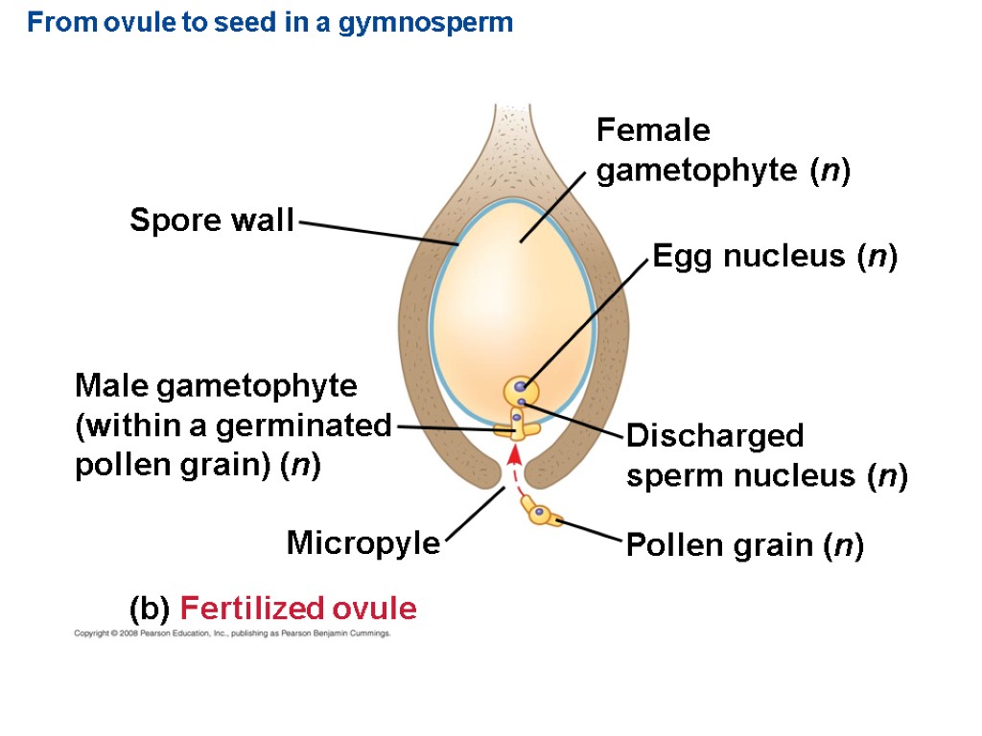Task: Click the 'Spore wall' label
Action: coord(212,221)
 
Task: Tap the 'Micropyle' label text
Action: coord(363,544)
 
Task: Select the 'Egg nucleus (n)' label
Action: coord(774,257)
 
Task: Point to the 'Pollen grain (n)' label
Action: coord(745,546)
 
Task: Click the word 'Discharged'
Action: coord(714,436)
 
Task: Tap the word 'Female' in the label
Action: coord(653,129)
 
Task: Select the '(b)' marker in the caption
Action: coord(150,609)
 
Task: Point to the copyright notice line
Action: coord(232,634)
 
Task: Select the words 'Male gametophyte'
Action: coord(216,386)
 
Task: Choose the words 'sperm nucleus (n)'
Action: coord(767,476)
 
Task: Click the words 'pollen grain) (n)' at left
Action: coord(198,466)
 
